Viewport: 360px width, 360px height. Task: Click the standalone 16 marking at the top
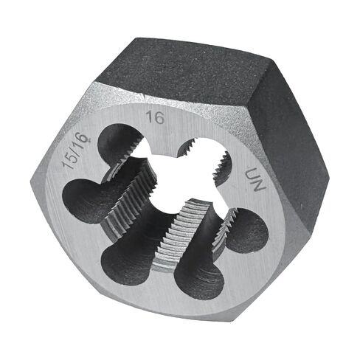click(x=154, y=117)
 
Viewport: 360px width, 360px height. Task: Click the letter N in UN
click(x=252, y=189)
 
